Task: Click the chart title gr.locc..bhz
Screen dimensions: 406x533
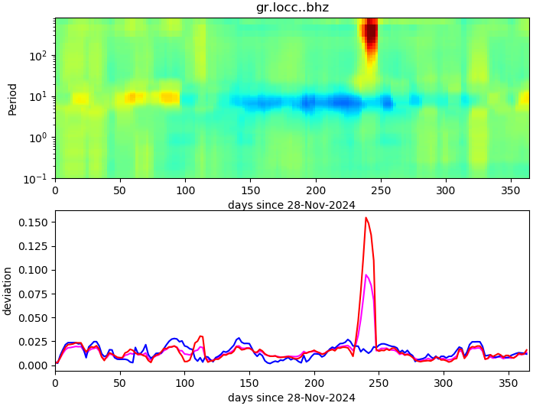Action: click(292, 8)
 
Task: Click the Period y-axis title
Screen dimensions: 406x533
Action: click(12, 99)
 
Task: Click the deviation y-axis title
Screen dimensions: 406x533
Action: click(8, 291)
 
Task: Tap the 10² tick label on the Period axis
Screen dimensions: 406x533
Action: click(40, 56)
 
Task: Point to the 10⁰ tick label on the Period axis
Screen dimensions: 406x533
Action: click(40, 138)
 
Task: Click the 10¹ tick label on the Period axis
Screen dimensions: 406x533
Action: click(40, 97)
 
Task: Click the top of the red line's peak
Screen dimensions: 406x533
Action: click(366, 218)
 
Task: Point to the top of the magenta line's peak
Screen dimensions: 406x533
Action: click(366, 275)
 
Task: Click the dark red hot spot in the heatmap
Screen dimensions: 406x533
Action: click(371, 34)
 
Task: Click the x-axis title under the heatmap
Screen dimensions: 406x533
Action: click(291, 205)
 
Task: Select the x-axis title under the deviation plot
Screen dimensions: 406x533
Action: click(291, 398)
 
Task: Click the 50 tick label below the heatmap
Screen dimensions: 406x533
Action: click(120, 190)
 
